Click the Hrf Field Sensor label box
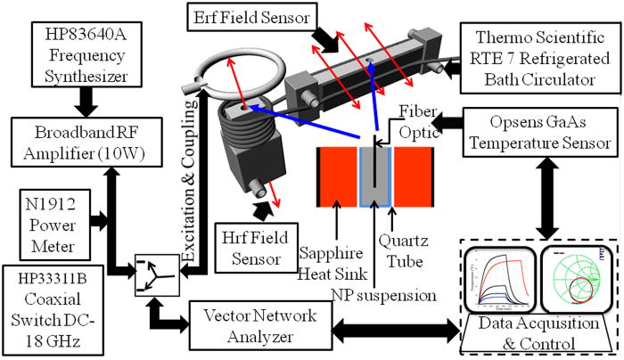(x=247, y=250)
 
